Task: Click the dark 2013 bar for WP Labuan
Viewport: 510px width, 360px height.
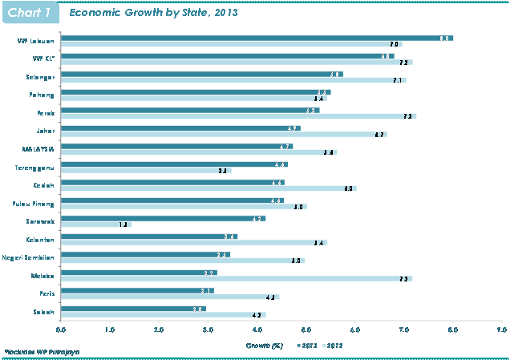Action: pos(257,38)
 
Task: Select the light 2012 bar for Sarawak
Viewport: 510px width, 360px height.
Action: pos(95,224)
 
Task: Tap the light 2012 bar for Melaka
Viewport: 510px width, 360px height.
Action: pos(237,279)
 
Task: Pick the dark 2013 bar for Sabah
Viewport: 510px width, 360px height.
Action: pos(133,309)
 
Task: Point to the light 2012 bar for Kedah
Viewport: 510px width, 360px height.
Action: pos(208,188)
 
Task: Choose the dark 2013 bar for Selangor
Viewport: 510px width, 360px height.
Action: pos(202,74)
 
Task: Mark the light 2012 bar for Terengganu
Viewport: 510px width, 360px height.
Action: pos(145,171)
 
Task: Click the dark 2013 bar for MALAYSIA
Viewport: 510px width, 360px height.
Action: pos(176,147)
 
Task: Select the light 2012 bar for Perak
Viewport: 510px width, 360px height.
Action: pos(238,116)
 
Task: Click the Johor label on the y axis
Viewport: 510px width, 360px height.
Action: pos(45,128)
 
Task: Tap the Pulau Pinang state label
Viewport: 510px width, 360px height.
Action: pos(38,200)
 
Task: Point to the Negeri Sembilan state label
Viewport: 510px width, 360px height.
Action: pos(30,257)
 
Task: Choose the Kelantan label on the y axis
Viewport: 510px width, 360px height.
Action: pos(41,238)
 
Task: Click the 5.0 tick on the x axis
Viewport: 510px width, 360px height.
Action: pos(306,329)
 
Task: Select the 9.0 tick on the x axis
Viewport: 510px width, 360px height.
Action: pos(501,329)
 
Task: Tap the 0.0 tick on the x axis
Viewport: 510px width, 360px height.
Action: pos(61,329)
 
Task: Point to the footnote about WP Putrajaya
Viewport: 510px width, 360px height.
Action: pos(36,353)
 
